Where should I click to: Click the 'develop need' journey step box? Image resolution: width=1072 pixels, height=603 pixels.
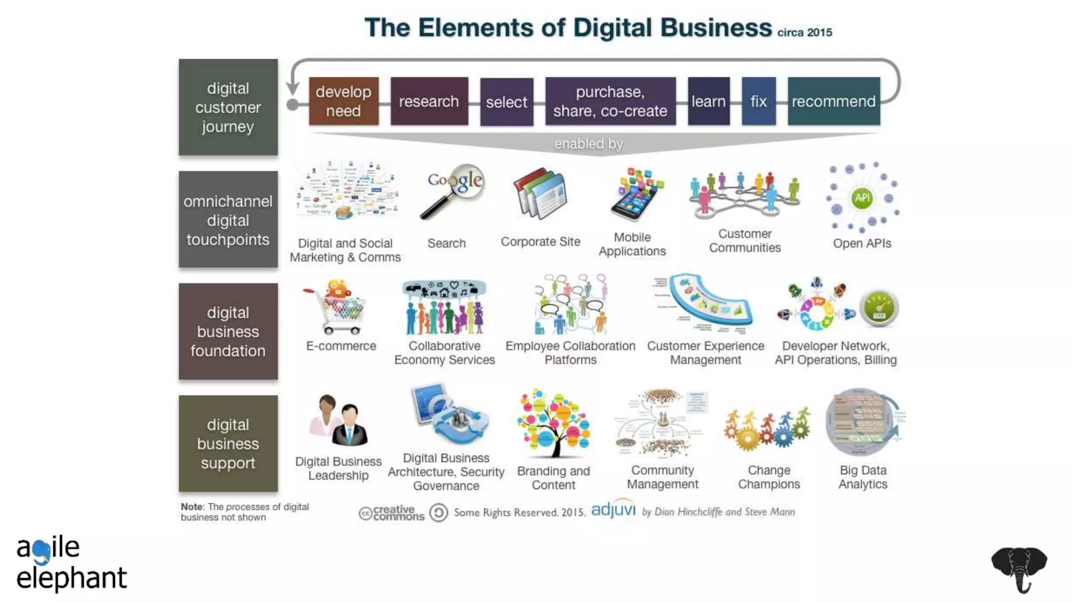click(x=343, y=101)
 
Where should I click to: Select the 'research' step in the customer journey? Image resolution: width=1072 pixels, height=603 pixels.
click(x=429, y=101)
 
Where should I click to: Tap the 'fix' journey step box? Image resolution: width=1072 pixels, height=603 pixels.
click(x=758, y=101)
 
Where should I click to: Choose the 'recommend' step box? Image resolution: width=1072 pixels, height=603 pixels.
click(x=833, y=101)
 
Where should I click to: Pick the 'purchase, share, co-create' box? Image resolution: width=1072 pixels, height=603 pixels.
click(x=610, y=101)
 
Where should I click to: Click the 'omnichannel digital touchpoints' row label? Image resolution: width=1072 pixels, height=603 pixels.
click(x=228, y=220)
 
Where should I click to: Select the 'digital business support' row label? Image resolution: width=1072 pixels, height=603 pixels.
click(x=228, y=443)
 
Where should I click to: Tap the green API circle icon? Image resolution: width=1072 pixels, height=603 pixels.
click(x=862, y=198)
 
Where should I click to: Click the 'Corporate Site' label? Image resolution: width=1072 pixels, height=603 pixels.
click(x=540, y=242)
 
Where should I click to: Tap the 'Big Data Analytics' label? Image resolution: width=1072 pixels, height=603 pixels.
click(x=863, y=477)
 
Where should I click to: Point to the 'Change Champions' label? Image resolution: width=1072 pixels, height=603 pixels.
click(x=769, y=477)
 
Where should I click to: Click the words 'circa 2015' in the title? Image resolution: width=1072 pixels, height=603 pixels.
click(x=805, y=32)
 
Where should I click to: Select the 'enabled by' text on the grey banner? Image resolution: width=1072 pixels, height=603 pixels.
click(x=588, y=143)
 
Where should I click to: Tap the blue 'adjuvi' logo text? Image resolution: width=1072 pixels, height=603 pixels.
click(x=613, y=510)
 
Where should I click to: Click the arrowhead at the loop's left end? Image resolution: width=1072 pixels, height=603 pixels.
click(x=293, y=87)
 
